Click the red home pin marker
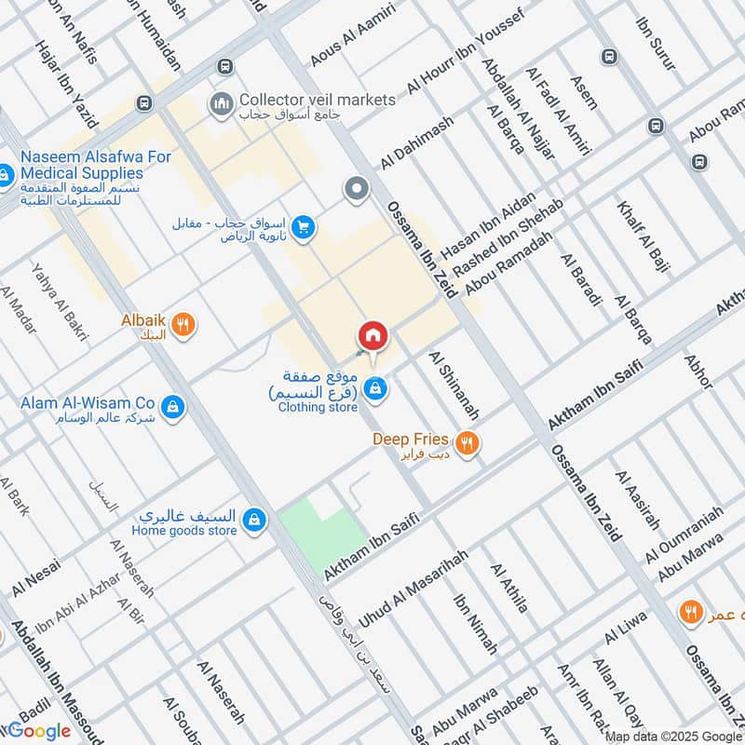pos(372,335)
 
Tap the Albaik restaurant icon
pos(184,324)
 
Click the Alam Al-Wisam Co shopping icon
pos(172,407)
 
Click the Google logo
pos(39,731)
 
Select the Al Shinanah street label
pos(454,385)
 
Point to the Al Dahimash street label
pos(416,142)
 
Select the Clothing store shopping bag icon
pos(374,389)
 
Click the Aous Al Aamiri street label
pos(353,35)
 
